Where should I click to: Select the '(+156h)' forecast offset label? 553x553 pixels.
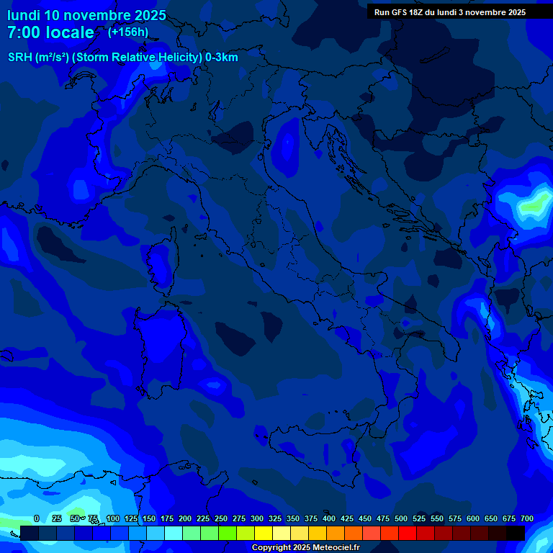128,32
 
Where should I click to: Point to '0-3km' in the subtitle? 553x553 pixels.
222,58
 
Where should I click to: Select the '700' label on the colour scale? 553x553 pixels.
526,518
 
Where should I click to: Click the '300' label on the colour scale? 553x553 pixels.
256,518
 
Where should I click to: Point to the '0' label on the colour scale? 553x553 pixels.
37,518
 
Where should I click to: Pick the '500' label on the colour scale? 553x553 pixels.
400,518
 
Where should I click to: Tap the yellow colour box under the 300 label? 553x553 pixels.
264,533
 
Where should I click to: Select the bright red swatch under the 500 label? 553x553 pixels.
408,533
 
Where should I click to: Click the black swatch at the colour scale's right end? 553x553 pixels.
516,533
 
